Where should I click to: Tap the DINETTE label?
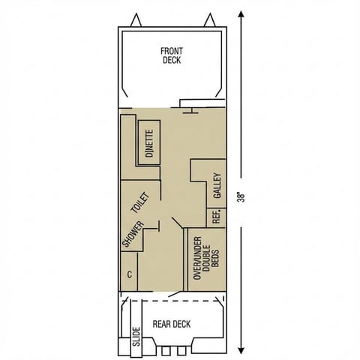[149, 143]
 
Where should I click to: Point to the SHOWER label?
[127, 234]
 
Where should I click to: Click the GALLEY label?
[217, 186]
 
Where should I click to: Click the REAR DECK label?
[172, 324]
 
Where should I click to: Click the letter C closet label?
[130, 274]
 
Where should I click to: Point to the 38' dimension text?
[240, 197]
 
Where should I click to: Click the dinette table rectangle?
[149, 143]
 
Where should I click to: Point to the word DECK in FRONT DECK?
[171, 61]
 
